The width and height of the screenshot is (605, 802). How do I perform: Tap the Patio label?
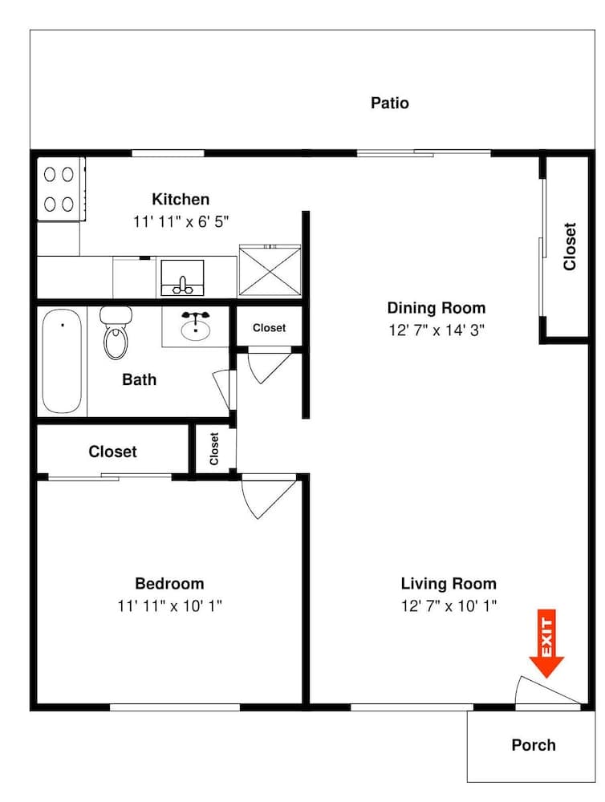390,103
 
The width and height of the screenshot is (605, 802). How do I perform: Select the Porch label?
534,745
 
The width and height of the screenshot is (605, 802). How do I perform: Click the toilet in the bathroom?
116,333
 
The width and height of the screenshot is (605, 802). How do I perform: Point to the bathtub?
62,362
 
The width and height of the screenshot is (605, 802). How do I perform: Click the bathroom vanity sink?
195,326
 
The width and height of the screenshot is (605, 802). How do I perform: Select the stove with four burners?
60,188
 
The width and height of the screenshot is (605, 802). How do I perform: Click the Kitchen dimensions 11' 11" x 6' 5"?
181,222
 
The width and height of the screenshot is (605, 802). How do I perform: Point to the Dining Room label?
436,308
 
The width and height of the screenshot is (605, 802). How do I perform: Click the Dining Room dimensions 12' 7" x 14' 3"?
436,330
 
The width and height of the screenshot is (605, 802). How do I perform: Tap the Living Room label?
449,584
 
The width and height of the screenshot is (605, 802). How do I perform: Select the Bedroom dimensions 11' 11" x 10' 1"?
169,606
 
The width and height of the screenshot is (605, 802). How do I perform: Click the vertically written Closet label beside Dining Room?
570,246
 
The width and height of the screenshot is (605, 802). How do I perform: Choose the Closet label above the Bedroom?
112,452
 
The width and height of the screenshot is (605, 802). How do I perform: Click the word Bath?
139,379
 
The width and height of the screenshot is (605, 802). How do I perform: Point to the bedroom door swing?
269,496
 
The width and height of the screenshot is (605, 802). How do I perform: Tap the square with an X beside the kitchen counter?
269,272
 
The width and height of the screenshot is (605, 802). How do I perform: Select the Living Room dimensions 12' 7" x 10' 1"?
449,606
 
